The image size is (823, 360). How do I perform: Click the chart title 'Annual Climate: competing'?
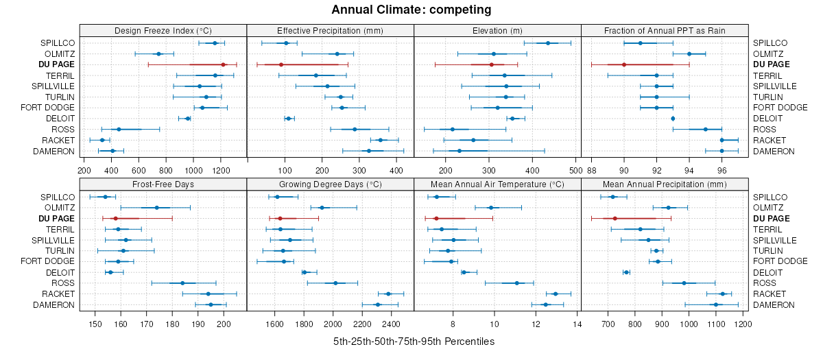[x=411, y=10]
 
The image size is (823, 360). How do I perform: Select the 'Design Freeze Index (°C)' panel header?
[x=163, y=31]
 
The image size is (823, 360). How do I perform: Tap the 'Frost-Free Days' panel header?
[x=163, y=185]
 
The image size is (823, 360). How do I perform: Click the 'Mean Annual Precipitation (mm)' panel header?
[x=665, y=185]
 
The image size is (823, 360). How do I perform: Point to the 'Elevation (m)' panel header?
[x=497, y=31]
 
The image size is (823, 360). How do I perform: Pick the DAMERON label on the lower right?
[x=774, y=304]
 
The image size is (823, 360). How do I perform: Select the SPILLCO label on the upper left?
[x=58, y=43]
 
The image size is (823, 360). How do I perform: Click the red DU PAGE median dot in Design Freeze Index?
[x=223, y=64]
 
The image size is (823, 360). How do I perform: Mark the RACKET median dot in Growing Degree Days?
[x=388, y=294]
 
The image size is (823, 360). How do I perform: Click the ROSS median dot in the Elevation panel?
[x=452, y=130]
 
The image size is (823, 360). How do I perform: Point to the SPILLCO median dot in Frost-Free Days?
[x=106, y=197]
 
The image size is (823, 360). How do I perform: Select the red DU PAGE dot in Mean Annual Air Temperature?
[x=436, y=219]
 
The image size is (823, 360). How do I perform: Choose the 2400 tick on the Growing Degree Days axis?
[x=391, y=324]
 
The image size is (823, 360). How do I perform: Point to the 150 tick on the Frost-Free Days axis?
[x=95, y=324]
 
